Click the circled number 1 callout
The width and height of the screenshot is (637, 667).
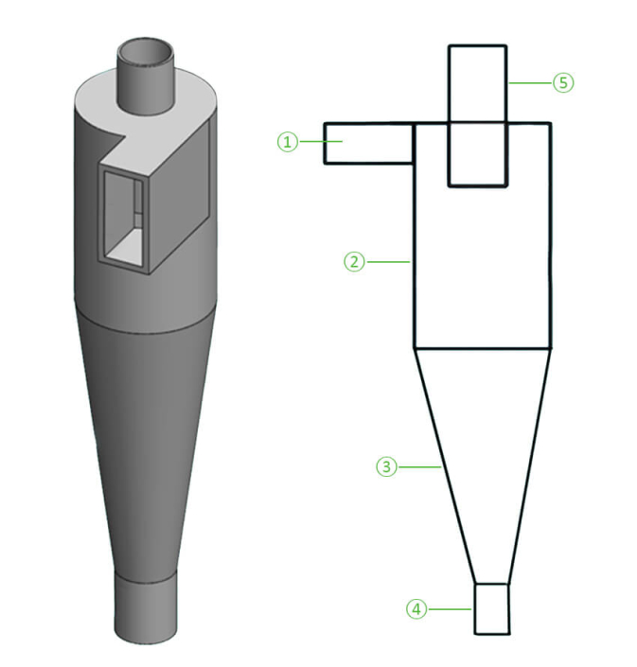pyautogui.click(x=287, y=142)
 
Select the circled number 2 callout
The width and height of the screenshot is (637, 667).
pyautogui.click(x=353, y=261)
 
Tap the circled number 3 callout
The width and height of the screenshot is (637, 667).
pyautogui.click(x=384, y=466)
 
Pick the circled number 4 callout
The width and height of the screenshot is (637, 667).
pyautogui.click(x=416, y=609)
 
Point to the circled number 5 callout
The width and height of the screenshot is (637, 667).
pyautogui.click(x=563, y=83)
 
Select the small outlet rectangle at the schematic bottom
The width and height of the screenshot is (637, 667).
pyautogui.click(x=491, y=608)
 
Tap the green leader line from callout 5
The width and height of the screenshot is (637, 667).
pyautogui.click(x=530, y=83)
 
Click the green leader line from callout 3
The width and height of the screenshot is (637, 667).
pyautogui.click(x=416, y=466)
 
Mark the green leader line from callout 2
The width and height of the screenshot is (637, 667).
pyautogui.click(x=388, y=261)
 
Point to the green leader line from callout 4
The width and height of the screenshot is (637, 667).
pyautogui.click(x=450, y=609)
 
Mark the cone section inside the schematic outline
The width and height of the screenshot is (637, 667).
pyautogui.click(x=483, y=445)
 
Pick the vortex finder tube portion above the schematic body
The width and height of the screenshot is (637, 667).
pyautogui.click(x=478, y=83)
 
